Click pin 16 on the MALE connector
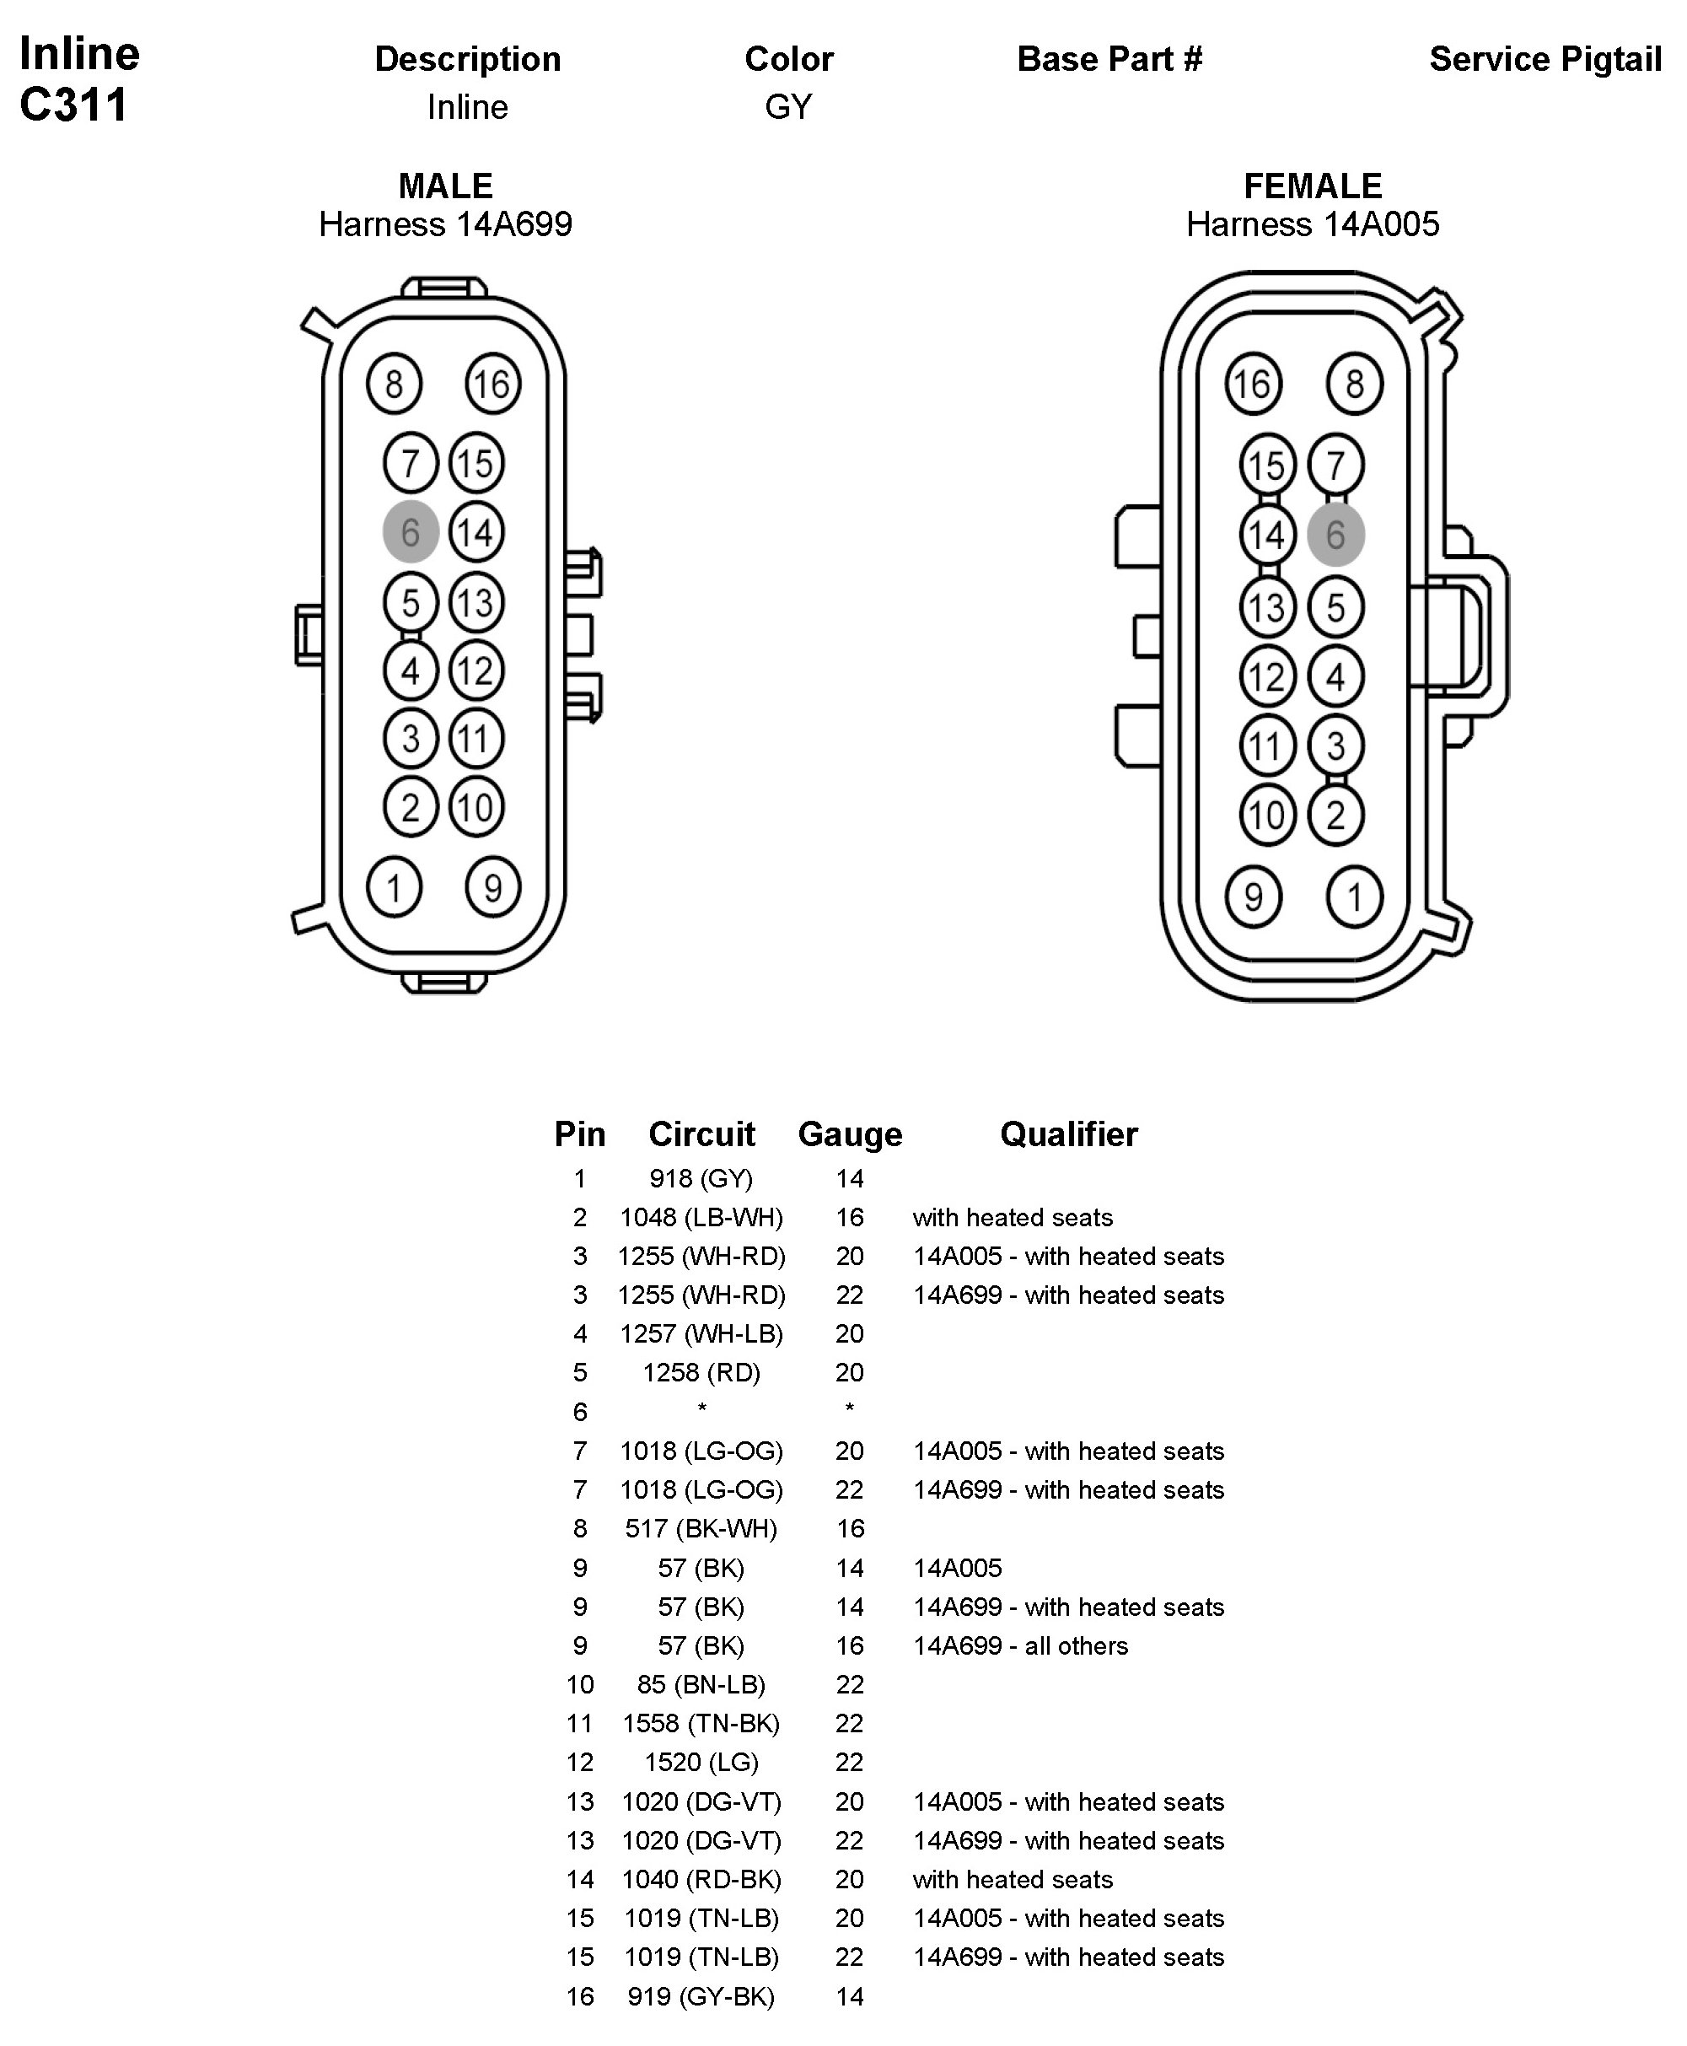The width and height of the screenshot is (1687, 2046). tap(492, 384)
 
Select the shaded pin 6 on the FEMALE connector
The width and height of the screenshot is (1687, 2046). tap(1335, 535)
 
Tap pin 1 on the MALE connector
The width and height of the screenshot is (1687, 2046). tap(394, 886)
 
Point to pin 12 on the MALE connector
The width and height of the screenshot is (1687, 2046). tap(475, 670)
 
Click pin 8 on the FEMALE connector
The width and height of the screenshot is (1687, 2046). tap(1354, 384)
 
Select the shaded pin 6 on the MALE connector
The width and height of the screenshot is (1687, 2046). tap(410, 531)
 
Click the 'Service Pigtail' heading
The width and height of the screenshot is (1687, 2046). tap(1545, 59)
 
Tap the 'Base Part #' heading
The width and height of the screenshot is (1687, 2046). tap(1109, 59)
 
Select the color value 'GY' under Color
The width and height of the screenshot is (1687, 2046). tap(788, 107)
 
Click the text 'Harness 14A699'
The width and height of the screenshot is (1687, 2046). tap(445, 224)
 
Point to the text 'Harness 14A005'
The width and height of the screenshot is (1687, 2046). tap(1312, 224)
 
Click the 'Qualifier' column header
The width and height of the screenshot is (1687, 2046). tap(1068, 1133)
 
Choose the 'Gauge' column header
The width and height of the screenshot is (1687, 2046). tap(849, 1133)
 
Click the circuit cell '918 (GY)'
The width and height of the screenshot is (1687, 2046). tap(701, 1178)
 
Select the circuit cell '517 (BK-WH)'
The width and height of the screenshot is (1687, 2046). tap(701, 1528)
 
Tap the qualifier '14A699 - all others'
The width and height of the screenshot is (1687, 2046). tap(1020, 1645)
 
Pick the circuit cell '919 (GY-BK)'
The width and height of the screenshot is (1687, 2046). tap(701, 1995)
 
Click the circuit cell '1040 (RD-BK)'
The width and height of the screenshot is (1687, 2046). tap(701, 1879)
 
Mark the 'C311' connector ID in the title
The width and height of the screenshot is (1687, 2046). tap(74, 105)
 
